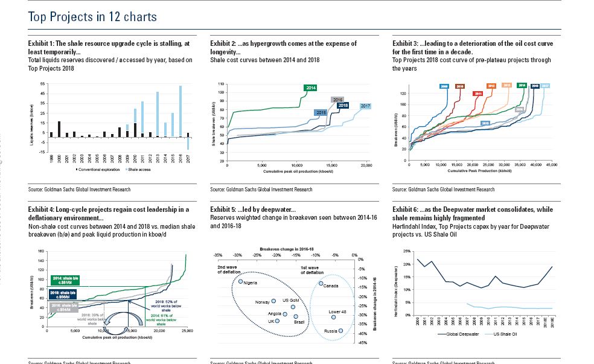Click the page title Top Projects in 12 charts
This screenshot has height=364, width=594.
coord(92,17)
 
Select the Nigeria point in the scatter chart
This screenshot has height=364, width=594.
coord(240,281)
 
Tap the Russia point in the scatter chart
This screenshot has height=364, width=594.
coord(341,330)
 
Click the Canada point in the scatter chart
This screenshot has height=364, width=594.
coord(321,284)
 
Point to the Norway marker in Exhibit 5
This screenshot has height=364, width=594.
coord(273,301)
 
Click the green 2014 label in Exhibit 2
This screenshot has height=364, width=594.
coord(311,88)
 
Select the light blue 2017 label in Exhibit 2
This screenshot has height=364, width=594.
coord(365,106)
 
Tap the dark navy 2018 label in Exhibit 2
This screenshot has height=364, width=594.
coord(343,106)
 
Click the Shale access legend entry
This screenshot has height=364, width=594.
coord(140,170)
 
